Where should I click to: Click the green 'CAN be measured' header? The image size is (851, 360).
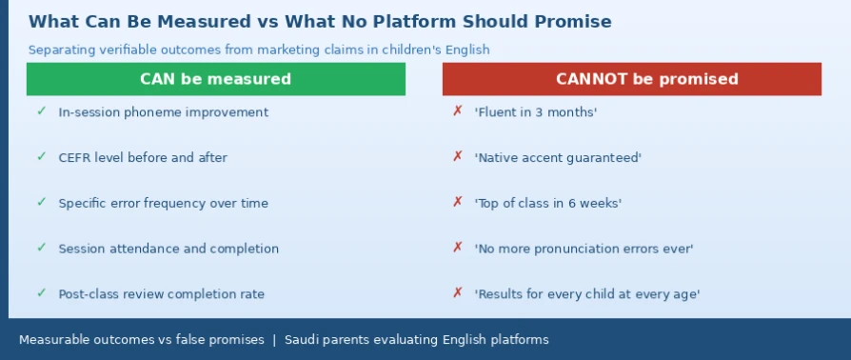tap(216, 79)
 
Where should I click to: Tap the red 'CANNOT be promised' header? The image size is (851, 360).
tap(632, 79)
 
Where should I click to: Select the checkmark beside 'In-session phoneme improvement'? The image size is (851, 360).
tap(41, 111)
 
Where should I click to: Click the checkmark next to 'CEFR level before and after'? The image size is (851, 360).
tap(41, 157)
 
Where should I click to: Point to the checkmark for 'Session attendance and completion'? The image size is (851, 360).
tap(41, 248)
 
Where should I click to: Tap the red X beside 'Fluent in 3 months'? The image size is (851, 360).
tap(458, 111)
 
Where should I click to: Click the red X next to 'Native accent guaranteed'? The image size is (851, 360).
tap(458, 157)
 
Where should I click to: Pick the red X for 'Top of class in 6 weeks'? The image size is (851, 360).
tap(458, 203)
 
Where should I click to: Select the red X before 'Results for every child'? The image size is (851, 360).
tap(458, 293)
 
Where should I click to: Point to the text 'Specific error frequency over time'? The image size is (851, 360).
tap(164, 204)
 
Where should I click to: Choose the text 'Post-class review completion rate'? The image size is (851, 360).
tap(161, 294)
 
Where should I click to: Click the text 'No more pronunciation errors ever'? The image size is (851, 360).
tap(584, 250)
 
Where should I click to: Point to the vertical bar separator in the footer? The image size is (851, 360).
tap(274, 340)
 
